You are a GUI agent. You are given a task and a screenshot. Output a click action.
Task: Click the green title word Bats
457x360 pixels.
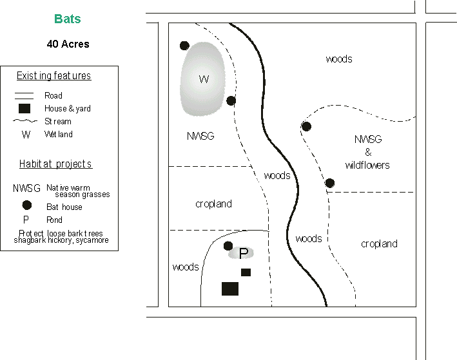[68, 19]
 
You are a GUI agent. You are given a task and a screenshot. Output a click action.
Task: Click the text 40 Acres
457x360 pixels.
[68, 44]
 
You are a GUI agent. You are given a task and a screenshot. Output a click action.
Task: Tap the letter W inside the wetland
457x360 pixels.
[204, 79]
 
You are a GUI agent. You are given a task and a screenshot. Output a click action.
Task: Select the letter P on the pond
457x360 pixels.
[243, 254]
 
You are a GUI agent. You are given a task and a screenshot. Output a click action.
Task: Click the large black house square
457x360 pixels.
[230, 289]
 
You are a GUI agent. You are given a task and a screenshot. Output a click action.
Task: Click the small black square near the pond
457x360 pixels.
[246, 272]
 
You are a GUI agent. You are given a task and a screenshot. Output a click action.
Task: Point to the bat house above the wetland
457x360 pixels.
[184, 46]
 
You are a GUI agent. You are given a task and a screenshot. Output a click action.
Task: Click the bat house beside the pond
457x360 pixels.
[228, 245]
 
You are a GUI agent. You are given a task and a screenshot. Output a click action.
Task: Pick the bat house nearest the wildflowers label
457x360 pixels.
[330, 183]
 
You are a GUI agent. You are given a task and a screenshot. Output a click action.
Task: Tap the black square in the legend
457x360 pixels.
[25, 108]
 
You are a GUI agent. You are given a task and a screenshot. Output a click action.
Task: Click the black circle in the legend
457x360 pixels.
[26, 206]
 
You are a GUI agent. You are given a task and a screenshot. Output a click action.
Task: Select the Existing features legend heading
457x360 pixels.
[53, 76]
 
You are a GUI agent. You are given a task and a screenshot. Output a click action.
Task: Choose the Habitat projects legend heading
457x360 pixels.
[55, 164]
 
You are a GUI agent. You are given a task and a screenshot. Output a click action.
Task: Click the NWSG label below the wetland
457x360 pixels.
[200, 137]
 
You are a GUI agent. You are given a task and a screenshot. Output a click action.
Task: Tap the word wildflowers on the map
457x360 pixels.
[367, 166]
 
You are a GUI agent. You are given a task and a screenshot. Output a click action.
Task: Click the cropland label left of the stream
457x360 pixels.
[213, 204]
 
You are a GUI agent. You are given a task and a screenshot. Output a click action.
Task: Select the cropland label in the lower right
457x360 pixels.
[379, 244]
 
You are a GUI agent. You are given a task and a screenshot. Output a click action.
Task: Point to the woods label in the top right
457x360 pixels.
[339, 59]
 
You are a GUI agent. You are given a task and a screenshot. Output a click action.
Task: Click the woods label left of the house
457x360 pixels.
[186, 267]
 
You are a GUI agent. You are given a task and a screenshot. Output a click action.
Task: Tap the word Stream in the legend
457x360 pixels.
[58, 121]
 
